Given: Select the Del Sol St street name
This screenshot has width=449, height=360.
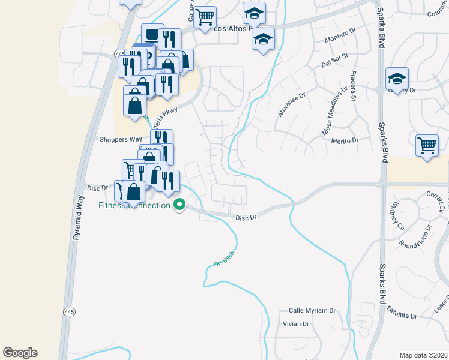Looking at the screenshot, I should tap(335, 61).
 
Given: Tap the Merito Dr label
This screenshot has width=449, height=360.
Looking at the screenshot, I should tap(345, 140).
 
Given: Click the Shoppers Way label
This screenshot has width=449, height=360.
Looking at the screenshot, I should tap(121, 139).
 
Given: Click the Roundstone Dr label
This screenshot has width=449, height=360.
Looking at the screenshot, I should tap(415, 236).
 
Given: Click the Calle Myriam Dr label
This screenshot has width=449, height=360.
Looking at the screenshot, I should tap(312, 310).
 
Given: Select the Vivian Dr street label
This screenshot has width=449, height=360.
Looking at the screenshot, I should tap(295, 324).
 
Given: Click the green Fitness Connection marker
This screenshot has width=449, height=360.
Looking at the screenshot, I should tap(179, 206).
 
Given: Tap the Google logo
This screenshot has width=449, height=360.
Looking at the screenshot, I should tap(20, 353).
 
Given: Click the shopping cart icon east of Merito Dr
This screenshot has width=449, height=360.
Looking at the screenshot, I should tap(427, 145).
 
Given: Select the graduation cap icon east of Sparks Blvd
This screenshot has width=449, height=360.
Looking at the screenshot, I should tap(397, 78).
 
